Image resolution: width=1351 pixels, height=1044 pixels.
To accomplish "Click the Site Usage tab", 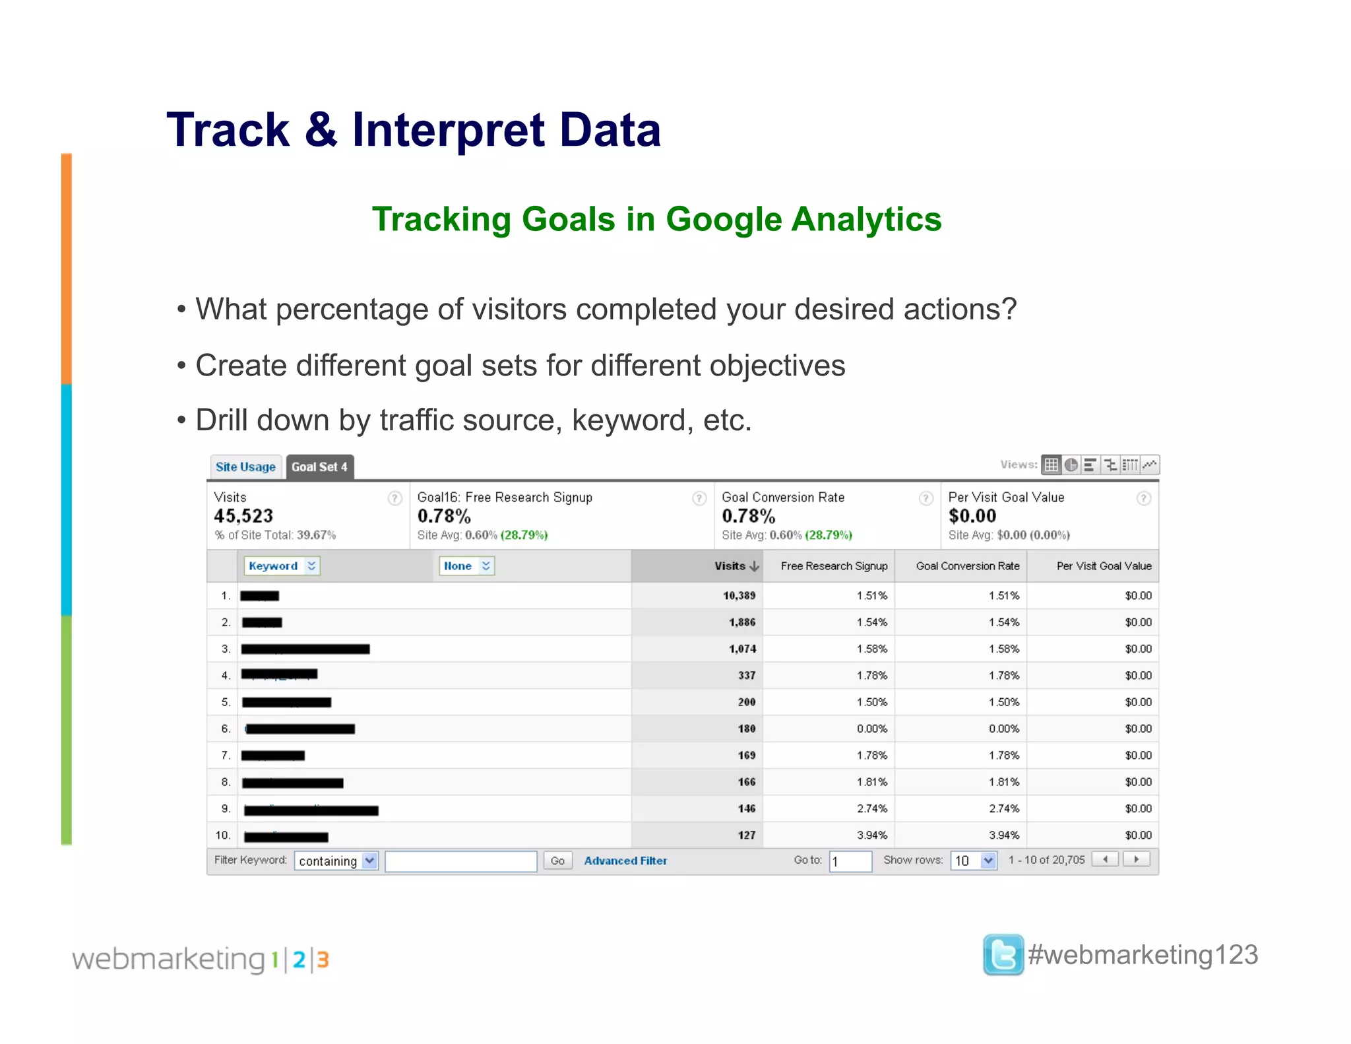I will pyautogui.click(x=245, y=467).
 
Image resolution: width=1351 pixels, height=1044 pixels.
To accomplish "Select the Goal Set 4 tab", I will pyautogui.click(x=319, y=467).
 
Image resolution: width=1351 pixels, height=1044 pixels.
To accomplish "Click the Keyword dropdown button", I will pyautogui.click(x=282, y=566).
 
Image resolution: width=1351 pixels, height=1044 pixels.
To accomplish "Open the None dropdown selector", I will pyautogui.click(x=466, y=566).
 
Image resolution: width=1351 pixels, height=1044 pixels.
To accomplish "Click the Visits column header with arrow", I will pyautogui.click(x=736, y=566).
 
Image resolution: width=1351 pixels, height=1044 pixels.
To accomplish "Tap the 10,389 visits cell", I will pyautogui.click(x=739, y=595).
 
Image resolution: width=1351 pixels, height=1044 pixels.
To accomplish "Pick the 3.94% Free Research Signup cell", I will pyautogui.click(x=871, y=835).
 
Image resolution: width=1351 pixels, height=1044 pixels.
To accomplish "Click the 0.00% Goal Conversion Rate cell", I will pyautogui.click(x=1003, y=729).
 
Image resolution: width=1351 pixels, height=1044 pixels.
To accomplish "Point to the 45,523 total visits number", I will pyautogui.click(x=243, y=515).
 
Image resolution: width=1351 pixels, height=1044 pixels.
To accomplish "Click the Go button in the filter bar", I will pyautogui.click(x=557, y=861).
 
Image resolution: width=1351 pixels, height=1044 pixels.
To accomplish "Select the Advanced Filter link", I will pyautogui.click(x=625, y=861).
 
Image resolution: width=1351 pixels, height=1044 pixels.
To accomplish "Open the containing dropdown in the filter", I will pyautogui.click(x=336, y=861).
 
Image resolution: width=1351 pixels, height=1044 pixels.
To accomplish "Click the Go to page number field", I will pyautogui.click(x=850, y=861).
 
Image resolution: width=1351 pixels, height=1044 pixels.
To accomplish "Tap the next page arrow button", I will pyautogui.click(x=1136, y=859).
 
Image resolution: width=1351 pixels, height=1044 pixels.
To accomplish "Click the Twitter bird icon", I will pyautogui.click(x=1003, y=954).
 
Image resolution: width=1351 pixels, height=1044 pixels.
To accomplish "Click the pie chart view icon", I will pyautogui.click(x=1071, y=465).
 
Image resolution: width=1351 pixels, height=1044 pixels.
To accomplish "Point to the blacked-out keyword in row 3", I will pyautogui.click(x=305, y=649).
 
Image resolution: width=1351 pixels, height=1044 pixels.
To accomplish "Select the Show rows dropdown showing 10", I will pyautogui.click(x=973, y=861).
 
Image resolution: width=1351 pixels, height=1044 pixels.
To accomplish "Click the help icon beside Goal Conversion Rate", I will pyautogui.click(x=926, y=498).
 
